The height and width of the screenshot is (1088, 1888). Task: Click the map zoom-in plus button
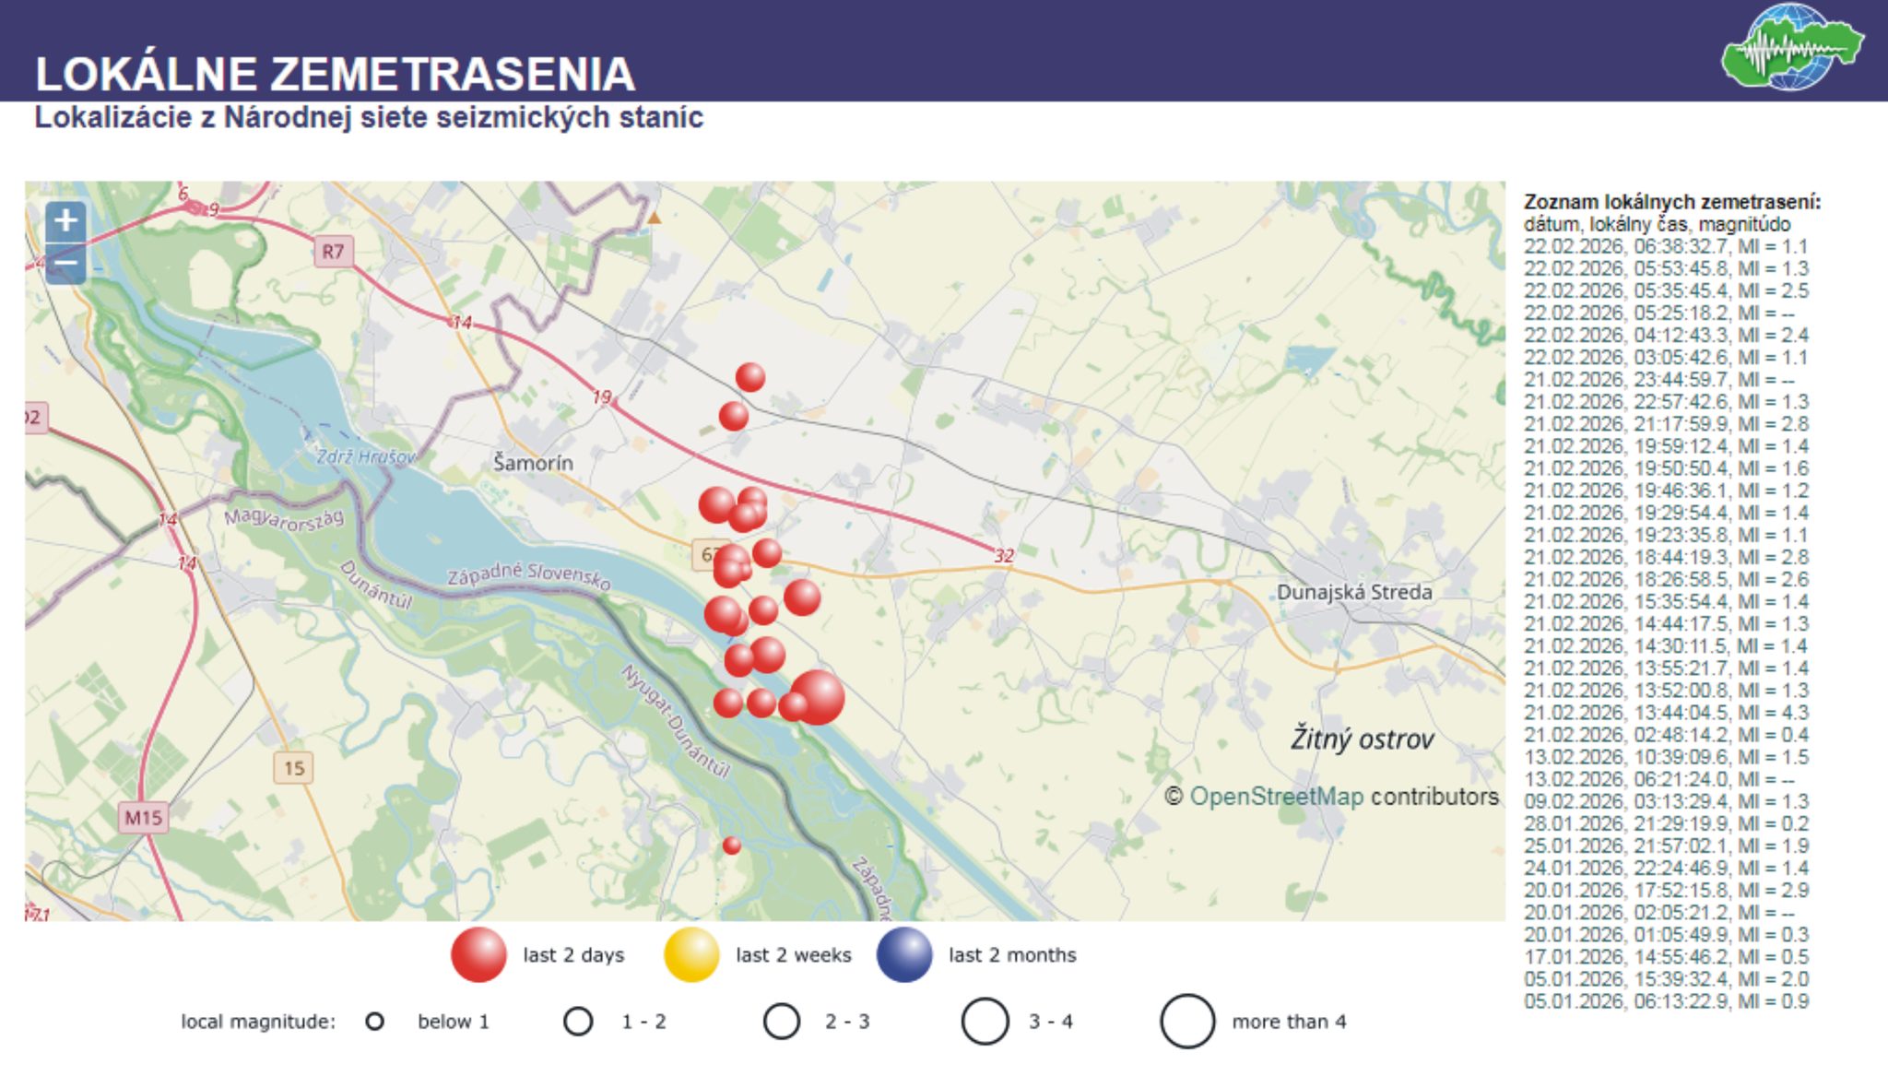click(x=65, y=221)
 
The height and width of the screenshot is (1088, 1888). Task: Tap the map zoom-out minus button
click(x=65, y=264)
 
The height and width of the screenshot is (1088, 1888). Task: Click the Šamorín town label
click(x=533, y=463)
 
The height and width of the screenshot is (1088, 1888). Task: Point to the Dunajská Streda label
click(x=1353, y=592)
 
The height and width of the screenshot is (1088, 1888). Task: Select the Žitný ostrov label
click(x=1362, y=739)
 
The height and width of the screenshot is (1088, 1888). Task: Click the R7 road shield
click(x=333, y=251)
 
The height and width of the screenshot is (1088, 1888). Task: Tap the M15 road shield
click(x=143, y=818)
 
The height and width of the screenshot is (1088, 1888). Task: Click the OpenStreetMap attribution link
click(x=1276, y=797)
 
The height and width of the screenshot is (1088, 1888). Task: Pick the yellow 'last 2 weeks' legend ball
click(x=691, y=955)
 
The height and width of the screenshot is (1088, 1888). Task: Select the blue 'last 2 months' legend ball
click(x=904, y=955)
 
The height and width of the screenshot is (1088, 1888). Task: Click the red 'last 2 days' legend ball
click(x=478, y=955)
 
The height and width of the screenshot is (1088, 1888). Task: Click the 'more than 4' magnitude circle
click(x=1187, y=1022)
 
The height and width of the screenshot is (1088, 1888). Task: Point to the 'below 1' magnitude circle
click(x=374, y=1022)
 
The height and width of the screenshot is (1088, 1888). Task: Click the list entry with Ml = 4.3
click(x=1666, y=713)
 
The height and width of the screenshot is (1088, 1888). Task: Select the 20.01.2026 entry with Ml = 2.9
click(x=1666, y=891)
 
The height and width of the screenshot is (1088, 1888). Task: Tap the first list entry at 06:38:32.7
click(x=1666, y=247)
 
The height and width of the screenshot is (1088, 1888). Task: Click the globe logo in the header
click(x=1791, y=48)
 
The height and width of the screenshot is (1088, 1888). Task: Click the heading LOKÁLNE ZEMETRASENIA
click(x=335, y=74)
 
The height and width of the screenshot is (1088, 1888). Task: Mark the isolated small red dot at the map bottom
click(x=732, y=846)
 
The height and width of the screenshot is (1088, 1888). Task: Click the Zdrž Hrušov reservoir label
click(x=366, y=456)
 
